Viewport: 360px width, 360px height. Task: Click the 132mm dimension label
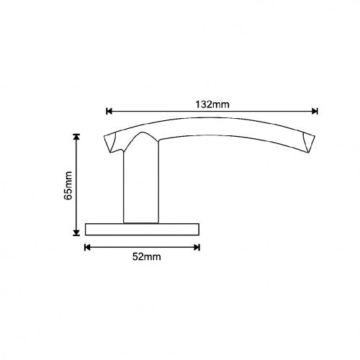[x=212, y=104]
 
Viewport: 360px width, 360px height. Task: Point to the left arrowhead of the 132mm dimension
[x=109, y=112]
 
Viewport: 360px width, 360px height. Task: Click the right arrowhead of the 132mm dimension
[x=315, y=112]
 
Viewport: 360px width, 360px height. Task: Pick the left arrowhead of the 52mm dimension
[x=88, y=248]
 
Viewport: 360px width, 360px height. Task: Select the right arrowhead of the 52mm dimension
[x=197, y=248]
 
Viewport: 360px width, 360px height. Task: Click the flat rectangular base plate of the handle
[x=142, y=230]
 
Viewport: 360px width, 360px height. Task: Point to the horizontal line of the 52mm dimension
[x=115, y=248]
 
